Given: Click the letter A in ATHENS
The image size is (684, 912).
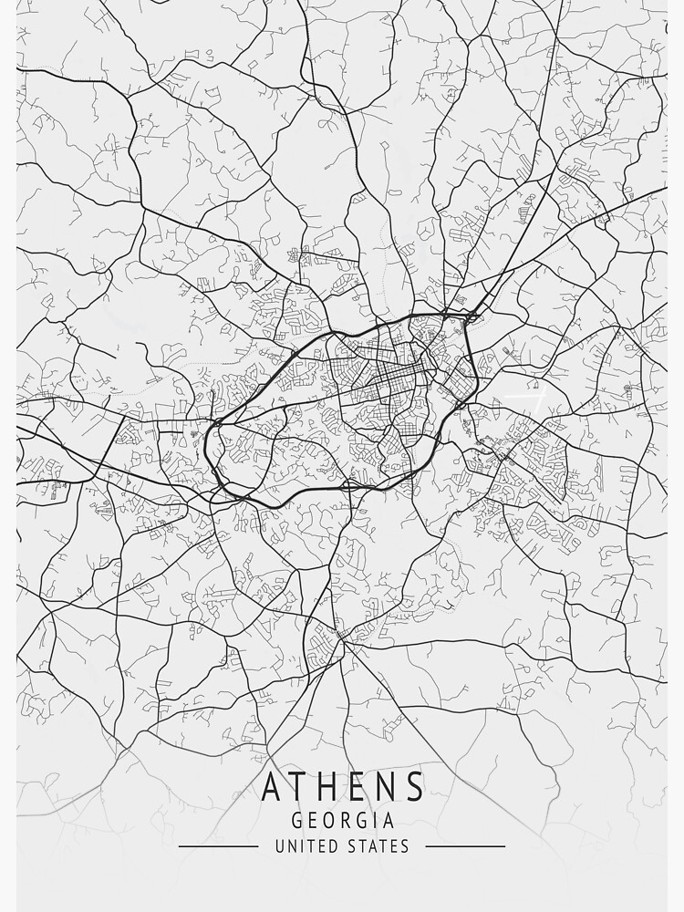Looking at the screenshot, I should [272, 786].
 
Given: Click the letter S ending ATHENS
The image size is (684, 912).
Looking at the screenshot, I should [413, 786].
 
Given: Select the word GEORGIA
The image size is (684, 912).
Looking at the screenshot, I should [342, 820].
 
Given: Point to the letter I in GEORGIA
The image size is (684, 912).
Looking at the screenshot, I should [377, 820].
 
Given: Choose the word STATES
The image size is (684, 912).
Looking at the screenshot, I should [379, 846].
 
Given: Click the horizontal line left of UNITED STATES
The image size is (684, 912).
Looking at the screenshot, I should [218, 846].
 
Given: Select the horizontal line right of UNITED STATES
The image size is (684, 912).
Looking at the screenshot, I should [465, 846].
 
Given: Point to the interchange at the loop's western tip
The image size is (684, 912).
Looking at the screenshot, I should [217, 424].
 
